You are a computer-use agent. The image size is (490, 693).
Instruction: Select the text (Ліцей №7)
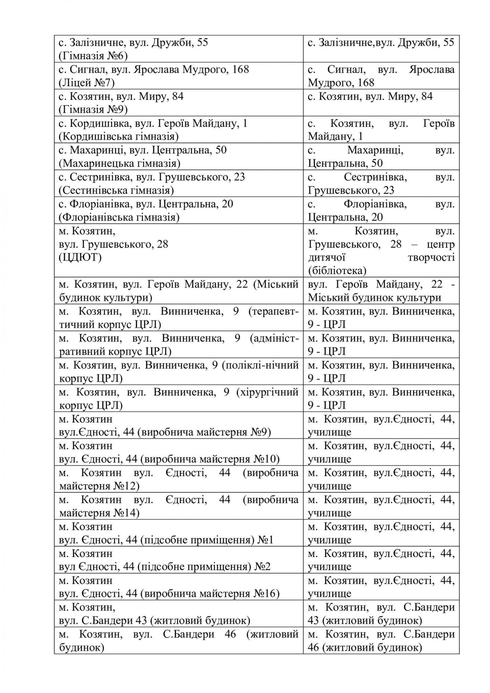[87, 83]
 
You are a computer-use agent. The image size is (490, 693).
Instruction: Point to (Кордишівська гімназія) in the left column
[119, 137]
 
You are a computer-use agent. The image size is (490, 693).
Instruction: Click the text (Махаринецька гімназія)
[120, 164]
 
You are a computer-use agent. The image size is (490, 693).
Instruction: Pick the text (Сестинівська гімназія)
[116, 190]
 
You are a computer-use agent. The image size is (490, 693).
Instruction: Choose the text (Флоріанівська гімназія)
[119, 218]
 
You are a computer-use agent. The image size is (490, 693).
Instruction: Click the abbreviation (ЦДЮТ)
[80, 258]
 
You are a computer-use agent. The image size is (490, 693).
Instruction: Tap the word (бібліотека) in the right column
[337, 271]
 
